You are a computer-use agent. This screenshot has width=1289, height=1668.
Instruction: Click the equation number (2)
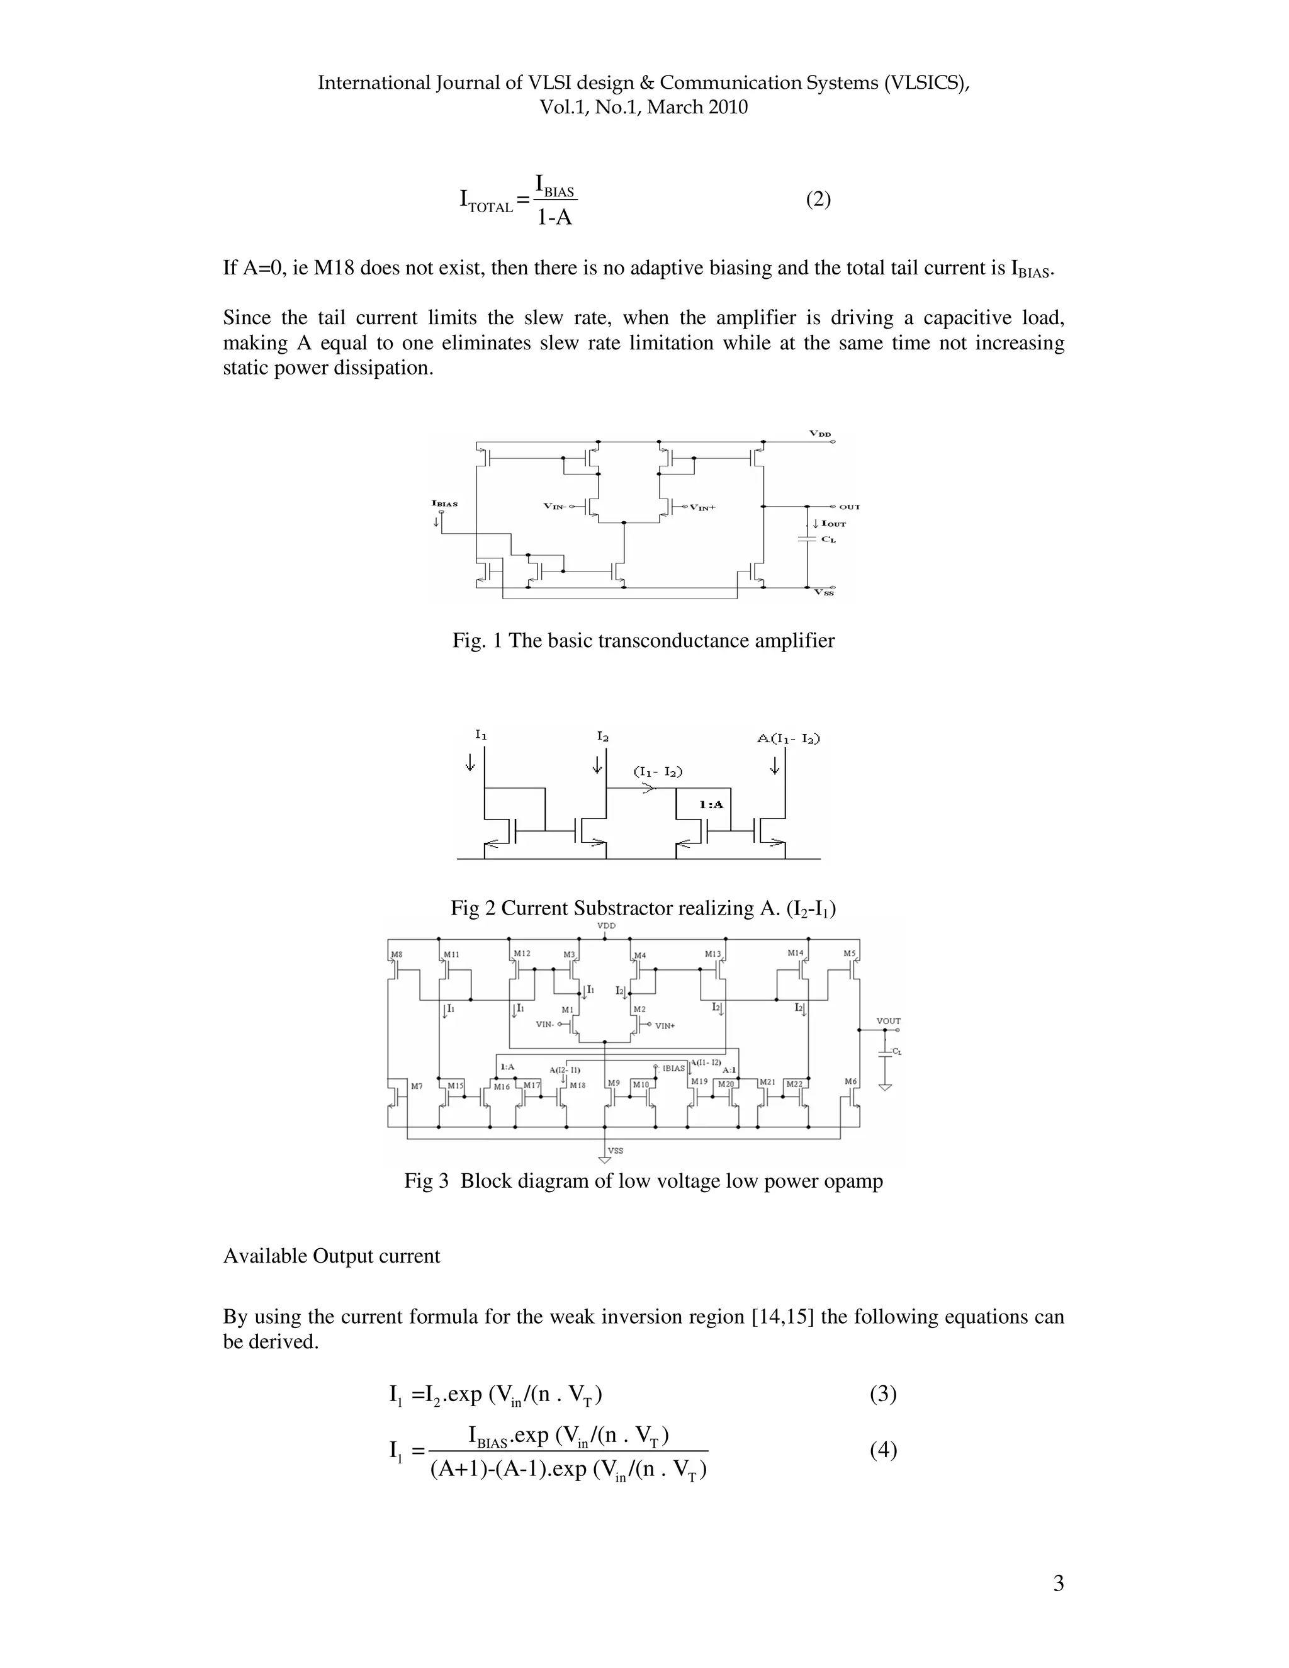[x=818, y=200]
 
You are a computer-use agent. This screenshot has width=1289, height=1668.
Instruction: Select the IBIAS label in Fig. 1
[x=444, y=504]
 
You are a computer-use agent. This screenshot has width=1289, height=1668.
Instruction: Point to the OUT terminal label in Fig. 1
[x=849, y=506]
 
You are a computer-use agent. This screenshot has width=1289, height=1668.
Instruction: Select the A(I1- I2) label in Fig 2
[x=789, y=738]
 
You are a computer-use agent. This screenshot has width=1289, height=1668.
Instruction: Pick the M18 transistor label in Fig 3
[x=577, y=1085]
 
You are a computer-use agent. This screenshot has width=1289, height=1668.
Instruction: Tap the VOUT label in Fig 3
[x=888, y=1021]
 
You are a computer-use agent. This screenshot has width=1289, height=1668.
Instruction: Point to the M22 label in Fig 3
[x=794, y=1084]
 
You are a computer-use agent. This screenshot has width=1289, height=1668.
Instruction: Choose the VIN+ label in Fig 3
[x=665, y=1026]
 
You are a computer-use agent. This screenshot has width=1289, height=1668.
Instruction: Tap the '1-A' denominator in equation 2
[x=554, y=218]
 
